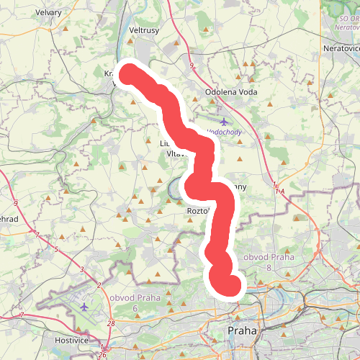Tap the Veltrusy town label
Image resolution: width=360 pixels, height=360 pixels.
[143, 32]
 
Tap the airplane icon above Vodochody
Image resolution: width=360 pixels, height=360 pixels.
[224, 121]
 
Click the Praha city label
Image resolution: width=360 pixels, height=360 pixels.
[243, 330]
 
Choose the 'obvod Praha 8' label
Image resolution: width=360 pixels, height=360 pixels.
[268, 262]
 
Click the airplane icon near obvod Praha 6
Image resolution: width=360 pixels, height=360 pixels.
[86, 307]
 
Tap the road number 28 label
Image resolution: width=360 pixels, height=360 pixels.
[110, 324]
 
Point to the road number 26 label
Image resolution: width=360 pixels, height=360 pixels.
[103, 355]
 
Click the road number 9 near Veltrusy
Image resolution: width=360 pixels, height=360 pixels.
[192, 67]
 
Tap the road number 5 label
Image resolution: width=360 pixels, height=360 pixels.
[55, 250]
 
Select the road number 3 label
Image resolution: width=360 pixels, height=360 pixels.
[83, 269]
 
